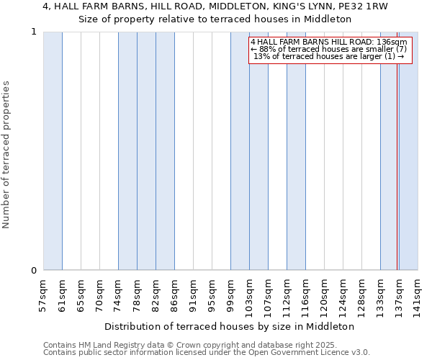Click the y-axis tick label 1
[x=33, y=32]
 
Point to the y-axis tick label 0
[x=33, y=271]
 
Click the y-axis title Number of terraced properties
[x=7, y=155]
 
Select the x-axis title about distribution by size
[x=234, y=326]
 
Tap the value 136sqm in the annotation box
[x=392, y=42]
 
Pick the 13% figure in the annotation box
[x=261, y=56]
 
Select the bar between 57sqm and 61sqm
[x=53, y=151]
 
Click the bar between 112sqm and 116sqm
[x=296, y=151]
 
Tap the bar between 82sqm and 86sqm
[x=165, y=151]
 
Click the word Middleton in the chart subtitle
[x=328, y=19]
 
